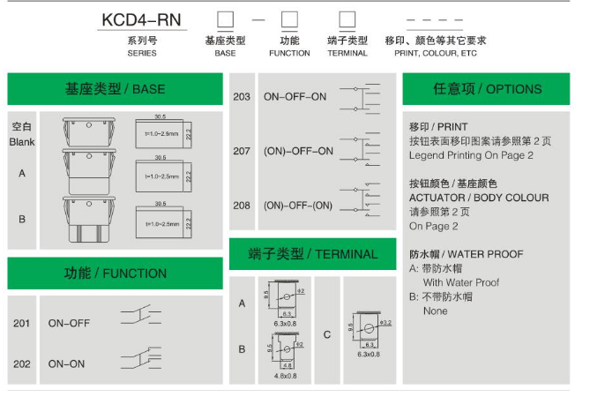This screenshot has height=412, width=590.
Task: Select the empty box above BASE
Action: coord(225,19)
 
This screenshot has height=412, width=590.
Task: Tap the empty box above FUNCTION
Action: coord(289,19)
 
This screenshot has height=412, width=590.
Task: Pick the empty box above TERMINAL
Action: coord(347,19)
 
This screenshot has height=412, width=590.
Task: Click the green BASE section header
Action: coord(115,89)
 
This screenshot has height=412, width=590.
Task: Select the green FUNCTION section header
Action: coord(115,273)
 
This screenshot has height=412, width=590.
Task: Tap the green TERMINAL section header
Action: coord(312,254)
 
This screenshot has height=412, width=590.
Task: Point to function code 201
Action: coord(22,324)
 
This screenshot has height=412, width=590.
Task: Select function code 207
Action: coord(242,151)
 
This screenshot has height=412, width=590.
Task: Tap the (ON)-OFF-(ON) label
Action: coord(298,205)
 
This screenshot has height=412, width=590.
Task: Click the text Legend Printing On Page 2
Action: coord(471,155)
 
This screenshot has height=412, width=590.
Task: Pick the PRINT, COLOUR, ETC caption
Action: coord(436,53)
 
